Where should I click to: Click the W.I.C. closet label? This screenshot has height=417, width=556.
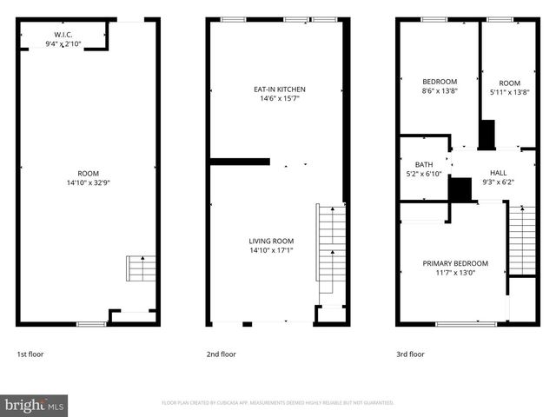point(63,35)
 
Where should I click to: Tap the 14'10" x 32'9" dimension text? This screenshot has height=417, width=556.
point(89,182)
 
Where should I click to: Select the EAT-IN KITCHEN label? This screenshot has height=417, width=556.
point(279,89)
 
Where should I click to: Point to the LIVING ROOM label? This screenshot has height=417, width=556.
point(271,241)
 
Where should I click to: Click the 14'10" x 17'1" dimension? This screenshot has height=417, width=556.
point(271,250)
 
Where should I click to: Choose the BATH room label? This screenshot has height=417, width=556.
point(424,164)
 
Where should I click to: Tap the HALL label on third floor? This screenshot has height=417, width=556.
point(498,172)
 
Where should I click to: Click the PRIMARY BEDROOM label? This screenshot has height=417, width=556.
point(455,263)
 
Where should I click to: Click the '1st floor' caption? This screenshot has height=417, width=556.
point(30,354)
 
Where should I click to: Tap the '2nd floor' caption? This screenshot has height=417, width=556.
point(222,354)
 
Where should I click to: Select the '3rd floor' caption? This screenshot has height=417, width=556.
point(410,354)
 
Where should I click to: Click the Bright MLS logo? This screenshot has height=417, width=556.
point(34,405)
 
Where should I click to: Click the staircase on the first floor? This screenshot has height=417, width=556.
point(141,268)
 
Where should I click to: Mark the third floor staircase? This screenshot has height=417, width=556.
point(521,240)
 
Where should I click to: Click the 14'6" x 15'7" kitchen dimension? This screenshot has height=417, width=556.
point(279,98)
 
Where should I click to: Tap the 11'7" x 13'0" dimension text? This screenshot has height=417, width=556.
point(455,273)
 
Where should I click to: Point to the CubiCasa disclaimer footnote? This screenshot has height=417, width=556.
point(278,403)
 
